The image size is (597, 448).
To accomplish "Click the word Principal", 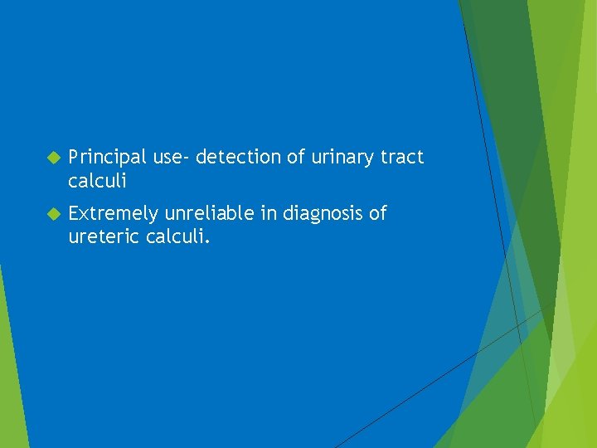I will (107, 157).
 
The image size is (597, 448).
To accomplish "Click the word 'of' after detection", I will (297, 157).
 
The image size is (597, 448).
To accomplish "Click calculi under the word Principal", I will (97, 180).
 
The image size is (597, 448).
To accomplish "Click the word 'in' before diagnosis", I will (269, 214).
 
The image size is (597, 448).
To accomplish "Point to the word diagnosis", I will (323, 214).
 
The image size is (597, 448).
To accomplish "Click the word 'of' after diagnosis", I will (377, 214).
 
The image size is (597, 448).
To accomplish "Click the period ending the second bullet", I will (209, 242).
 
